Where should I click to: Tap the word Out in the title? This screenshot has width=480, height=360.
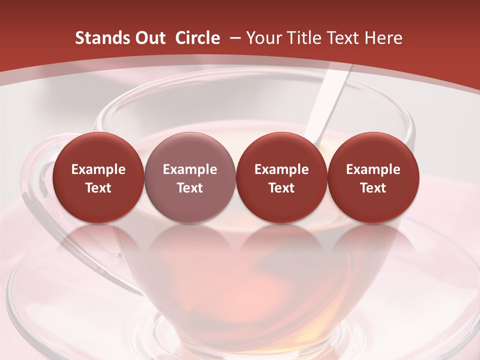pyautogui.click(x=149, y=38)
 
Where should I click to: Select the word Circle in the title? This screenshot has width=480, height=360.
pyautogui.click(x=197, y=38)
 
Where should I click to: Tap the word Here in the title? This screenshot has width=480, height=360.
pyautogui.click(x=384, y=38)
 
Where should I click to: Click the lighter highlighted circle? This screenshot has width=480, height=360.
pyautogui.click(x=190, y=177)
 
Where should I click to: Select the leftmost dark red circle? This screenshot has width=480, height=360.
pyautogui.click(x=98, y=177)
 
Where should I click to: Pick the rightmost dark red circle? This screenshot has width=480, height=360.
pyautogui.click(x=373, y=177)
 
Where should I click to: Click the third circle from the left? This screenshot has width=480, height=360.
pyautogui.click(x=281, y=177)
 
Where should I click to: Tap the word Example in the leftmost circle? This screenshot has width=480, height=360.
pyautogui.click(x=98, y=169)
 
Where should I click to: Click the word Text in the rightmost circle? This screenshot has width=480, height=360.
pyautogui.click(x=373, y=188)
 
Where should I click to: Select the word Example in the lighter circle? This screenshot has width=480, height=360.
pyautogui.click(x=190, y=169)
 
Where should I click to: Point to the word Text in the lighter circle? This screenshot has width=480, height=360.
pyautogui.click(x=190, y=188)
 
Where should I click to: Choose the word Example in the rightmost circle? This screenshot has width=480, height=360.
pyautogui.click(x=373, y=169)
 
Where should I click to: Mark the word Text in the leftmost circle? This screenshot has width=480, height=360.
pyautogui.click(x=98, y=188)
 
